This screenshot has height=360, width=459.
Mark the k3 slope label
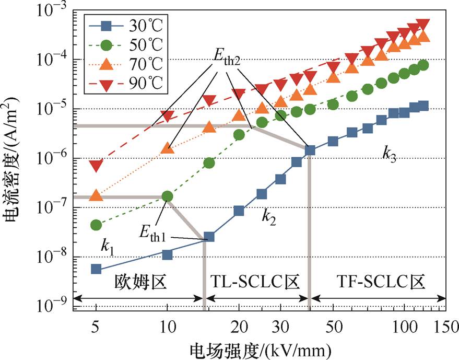388,154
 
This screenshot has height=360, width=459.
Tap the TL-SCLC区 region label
255,282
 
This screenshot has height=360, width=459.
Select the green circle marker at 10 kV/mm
167,196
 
